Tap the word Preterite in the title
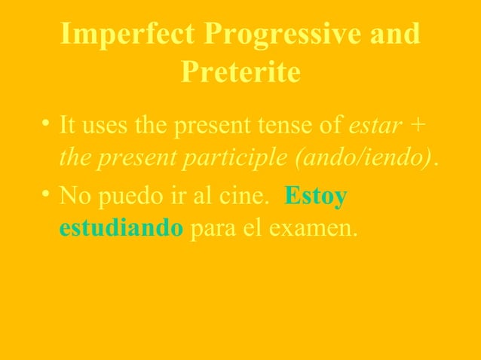(x=241, y=73)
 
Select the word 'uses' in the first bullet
(x=105, y=124)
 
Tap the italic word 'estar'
(x=376, y=124)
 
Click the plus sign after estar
(x=419, y=125)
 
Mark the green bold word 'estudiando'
(x=121, y=229)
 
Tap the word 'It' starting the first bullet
(x=67, y=124)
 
